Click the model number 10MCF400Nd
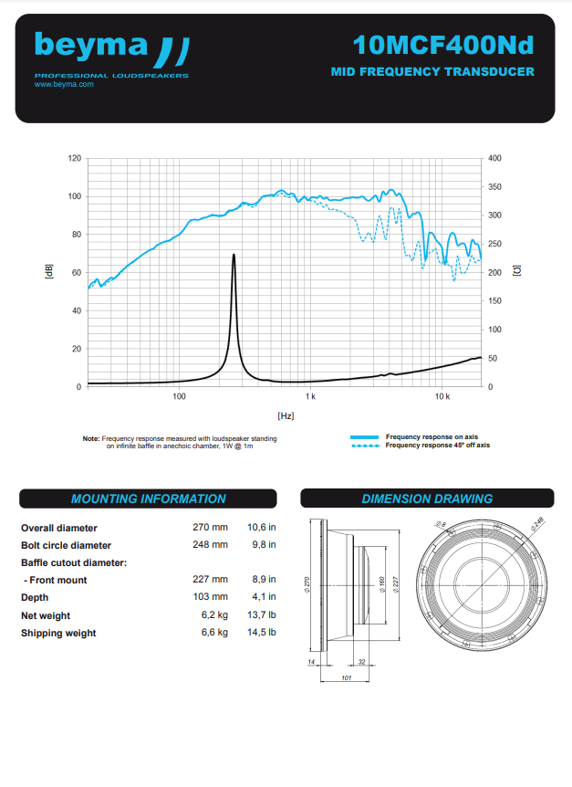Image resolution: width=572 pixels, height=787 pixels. tap(442, 45)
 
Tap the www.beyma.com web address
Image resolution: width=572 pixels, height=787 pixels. tap(64, 84)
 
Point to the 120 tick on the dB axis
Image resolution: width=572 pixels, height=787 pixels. tap(75, 159)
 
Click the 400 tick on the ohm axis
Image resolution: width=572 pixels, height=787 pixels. tap(495, 159)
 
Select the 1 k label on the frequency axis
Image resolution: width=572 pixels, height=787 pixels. tap(310, 397)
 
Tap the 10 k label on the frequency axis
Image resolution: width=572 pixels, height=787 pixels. tap(442, 397)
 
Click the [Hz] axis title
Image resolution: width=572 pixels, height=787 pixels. tap(285, 415)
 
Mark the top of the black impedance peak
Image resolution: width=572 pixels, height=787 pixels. tap(234, 255)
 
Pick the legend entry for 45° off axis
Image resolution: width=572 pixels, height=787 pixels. tap(438, 446)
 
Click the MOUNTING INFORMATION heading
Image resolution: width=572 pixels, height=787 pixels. tap(148, 499)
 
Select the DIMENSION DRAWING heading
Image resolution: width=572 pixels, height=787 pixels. tap(427, 499)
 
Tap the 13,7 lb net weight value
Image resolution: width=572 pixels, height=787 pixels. tap(260, 615)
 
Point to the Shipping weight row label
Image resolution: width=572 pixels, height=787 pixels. tap(58, 633)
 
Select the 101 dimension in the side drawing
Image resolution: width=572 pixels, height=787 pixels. tap(347, 678)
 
